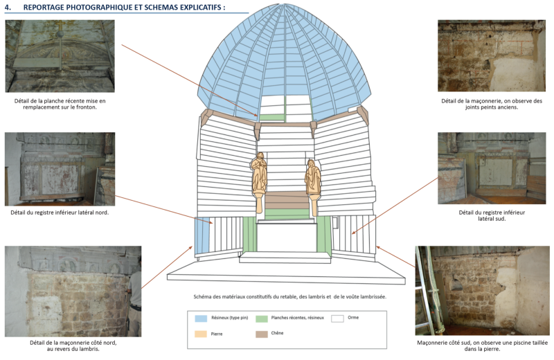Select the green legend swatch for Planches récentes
(261, 319)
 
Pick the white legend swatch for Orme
(337, 319)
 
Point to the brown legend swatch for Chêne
(261, 334)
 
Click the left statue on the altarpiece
(258, 177)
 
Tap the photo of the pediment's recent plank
(60, 56)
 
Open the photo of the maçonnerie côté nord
(73, 291)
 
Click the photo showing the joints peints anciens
(492, 56)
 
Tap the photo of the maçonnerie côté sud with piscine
(482, 291)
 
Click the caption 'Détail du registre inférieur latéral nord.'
(60, 213)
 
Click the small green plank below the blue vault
(271, 117)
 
